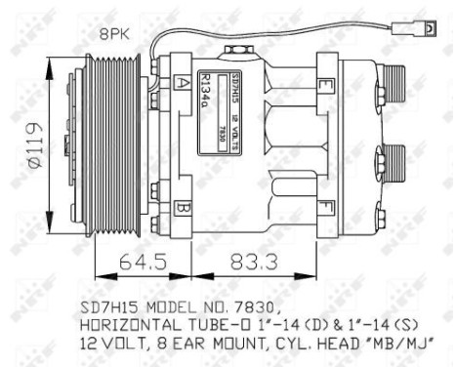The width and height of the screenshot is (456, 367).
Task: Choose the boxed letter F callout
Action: coord(322,206)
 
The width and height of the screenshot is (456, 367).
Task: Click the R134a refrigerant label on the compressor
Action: coord(206,89)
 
